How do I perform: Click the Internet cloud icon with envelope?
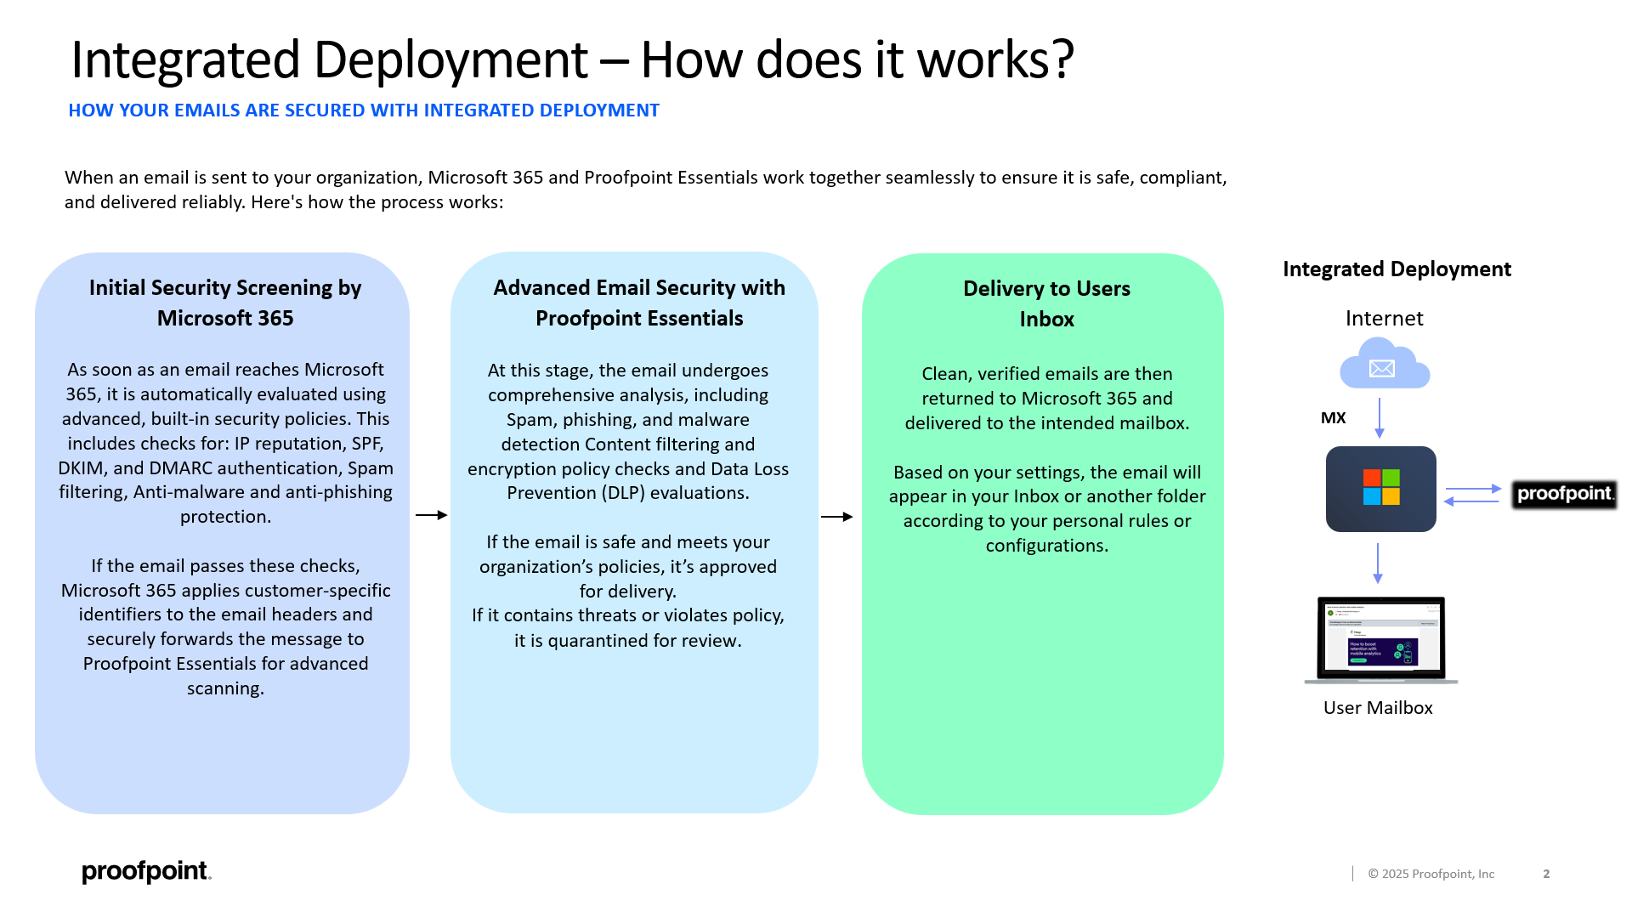1384,365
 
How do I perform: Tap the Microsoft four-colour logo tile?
1380,489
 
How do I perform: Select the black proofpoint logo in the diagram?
1564,494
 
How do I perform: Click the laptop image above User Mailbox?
1380,639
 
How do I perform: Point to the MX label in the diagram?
1333,418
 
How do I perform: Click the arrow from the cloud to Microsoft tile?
1379,417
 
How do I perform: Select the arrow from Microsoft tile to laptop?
1378,563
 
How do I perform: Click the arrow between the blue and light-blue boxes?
431,515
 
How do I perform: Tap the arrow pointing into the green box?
836,517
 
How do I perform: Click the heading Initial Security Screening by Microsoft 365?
225,303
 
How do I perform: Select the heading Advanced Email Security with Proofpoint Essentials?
639,303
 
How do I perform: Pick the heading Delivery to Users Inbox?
1046,303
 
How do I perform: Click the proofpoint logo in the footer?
146,871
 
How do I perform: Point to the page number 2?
1546,874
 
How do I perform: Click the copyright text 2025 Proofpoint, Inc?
1431,874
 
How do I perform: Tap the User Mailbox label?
1377,708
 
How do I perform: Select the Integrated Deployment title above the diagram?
1397,269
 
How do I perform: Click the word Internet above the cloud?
1384,319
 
